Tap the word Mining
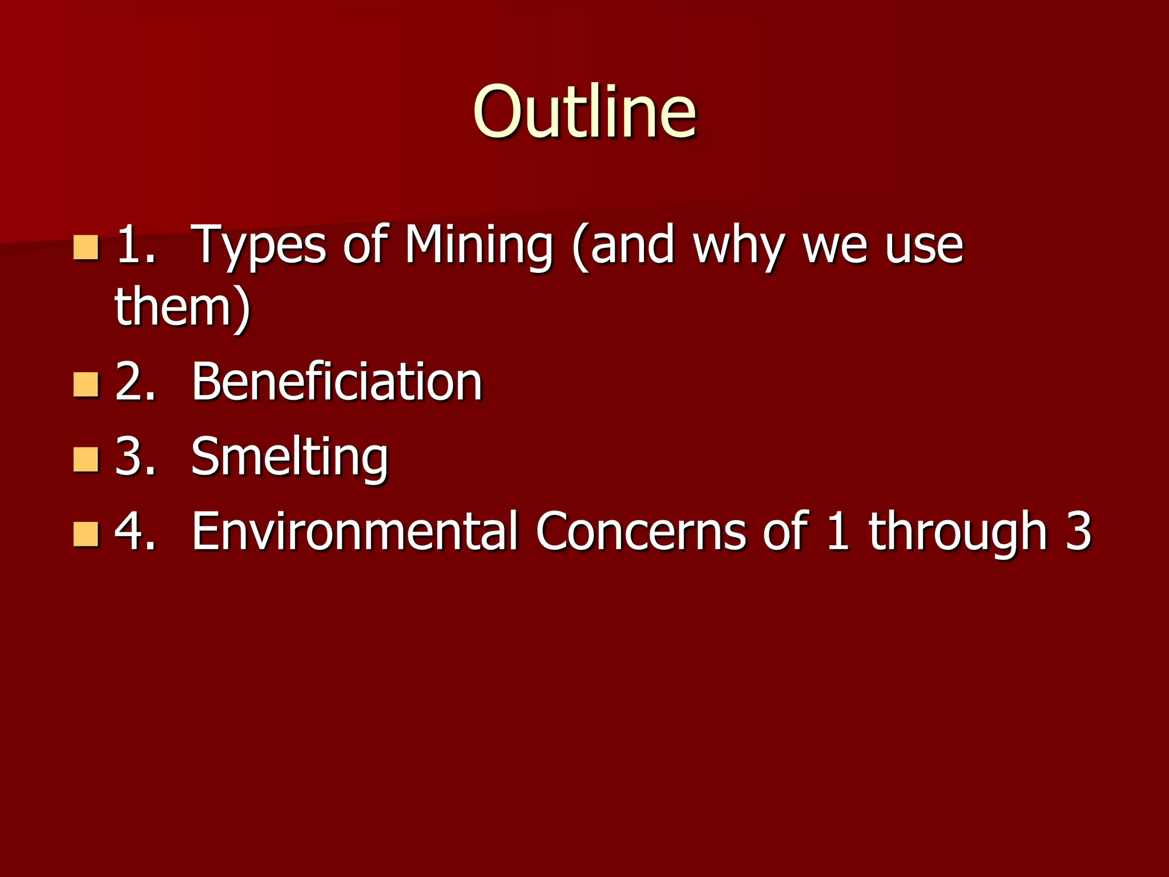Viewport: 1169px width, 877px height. (x=478, y=246)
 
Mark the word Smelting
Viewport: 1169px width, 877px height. (x=289, y=457)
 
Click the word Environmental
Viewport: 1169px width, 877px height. (x=354, y=531)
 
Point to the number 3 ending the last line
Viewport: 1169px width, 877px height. (x=1078, y=531)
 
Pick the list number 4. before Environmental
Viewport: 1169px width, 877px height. (x=135, y=531)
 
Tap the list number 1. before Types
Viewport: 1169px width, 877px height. (x=136, y=246)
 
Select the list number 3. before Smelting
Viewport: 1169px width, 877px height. (x=135, y=456)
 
